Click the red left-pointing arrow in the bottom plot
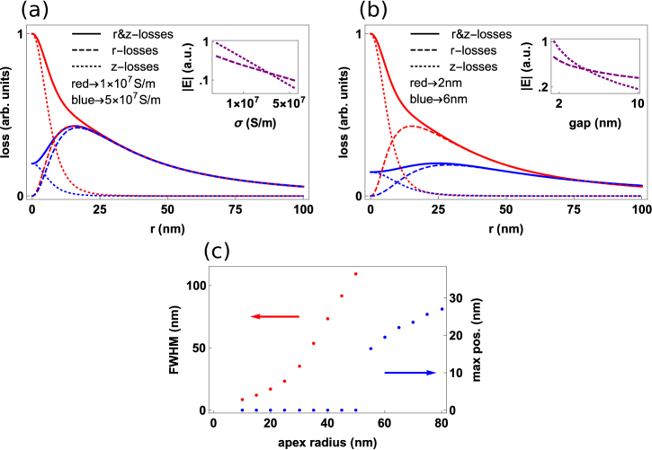274,316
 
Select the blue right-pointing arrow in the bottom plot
410,373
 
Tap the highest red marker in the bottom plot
355,274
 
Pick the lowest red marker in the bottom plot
242,399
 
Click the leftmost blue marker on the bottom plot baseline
242,410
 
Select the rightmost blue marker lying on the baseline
355,410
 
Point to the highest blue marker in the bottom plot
442,309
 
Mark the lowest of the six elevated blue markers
371,348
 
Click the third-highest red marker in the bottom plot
327,319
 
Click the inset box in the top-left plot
255,66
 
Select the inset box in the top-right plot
594,66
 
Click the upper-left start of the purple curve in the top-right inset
554,41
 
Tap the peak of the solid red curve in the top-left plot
32,34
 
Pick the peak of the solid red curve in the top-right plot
371,34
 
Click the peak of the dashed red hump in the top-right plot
411,127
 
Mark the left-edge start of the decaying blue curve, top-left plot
32,163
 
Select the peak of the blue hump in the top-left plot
77,127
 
